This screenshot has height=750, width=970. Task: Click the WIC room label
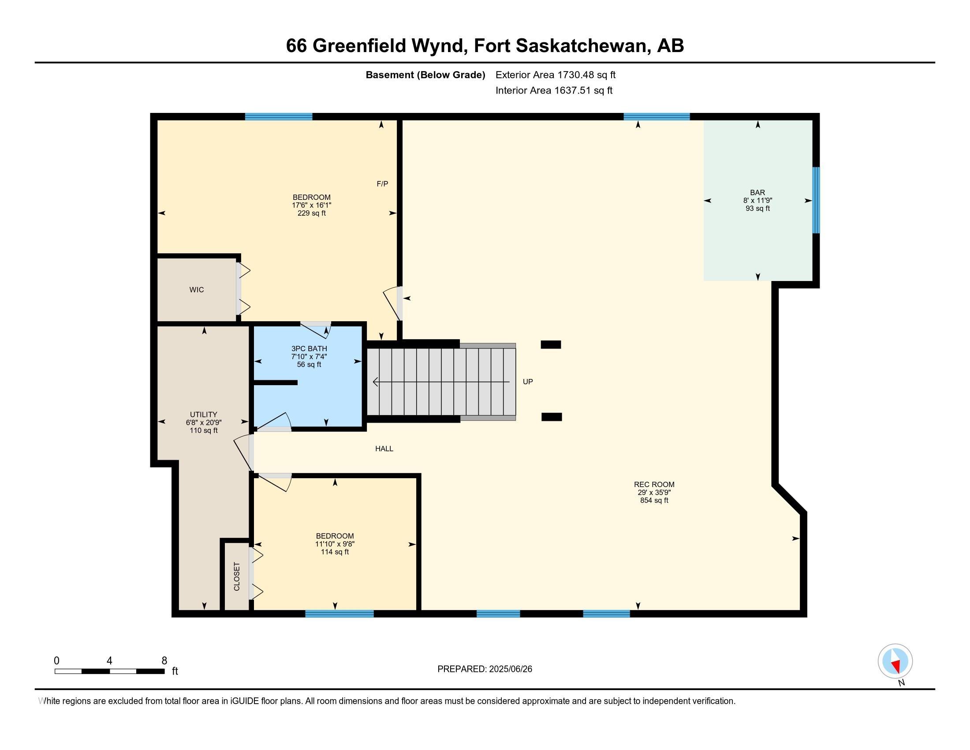(196, 290)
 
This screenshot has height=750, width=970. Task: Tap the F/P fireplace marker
(382, 184)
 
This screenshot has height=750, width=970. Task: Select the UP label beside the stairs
(528, 382)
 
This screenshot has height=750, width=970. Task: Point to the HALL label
(384, 449)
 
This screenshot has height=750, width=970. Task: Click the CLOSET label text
(237, 577)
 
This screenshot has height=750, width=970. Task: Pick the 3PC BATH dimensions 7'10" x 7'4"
(309, 357)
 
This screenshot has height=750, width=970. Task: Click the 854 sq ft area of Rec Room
(654, 500)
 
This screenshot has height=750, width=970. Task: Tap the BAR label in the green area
(757, 192)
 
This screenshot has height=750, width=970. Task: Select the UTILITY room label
(203, 415)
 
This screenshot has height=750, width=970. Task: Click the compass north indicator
(895, 662)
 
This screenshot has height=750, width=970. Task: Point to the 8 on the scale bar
(164, 660)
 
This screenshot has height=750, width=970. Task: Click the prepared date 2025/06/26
(510, 669)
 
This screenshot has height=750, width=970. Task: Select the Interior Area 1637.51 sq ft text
(554, 90)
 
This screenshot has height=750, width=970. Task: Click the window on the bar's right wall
(816, 200)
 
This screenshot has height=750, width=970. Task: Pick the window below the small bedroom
(339, 614)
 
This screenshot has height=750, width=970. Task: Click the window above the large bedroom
(279, 117)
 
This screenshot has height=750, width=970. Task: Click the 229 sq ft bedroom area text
(311, 213)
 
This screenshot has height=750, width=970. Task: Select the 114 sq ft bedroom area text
(335, 552)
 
